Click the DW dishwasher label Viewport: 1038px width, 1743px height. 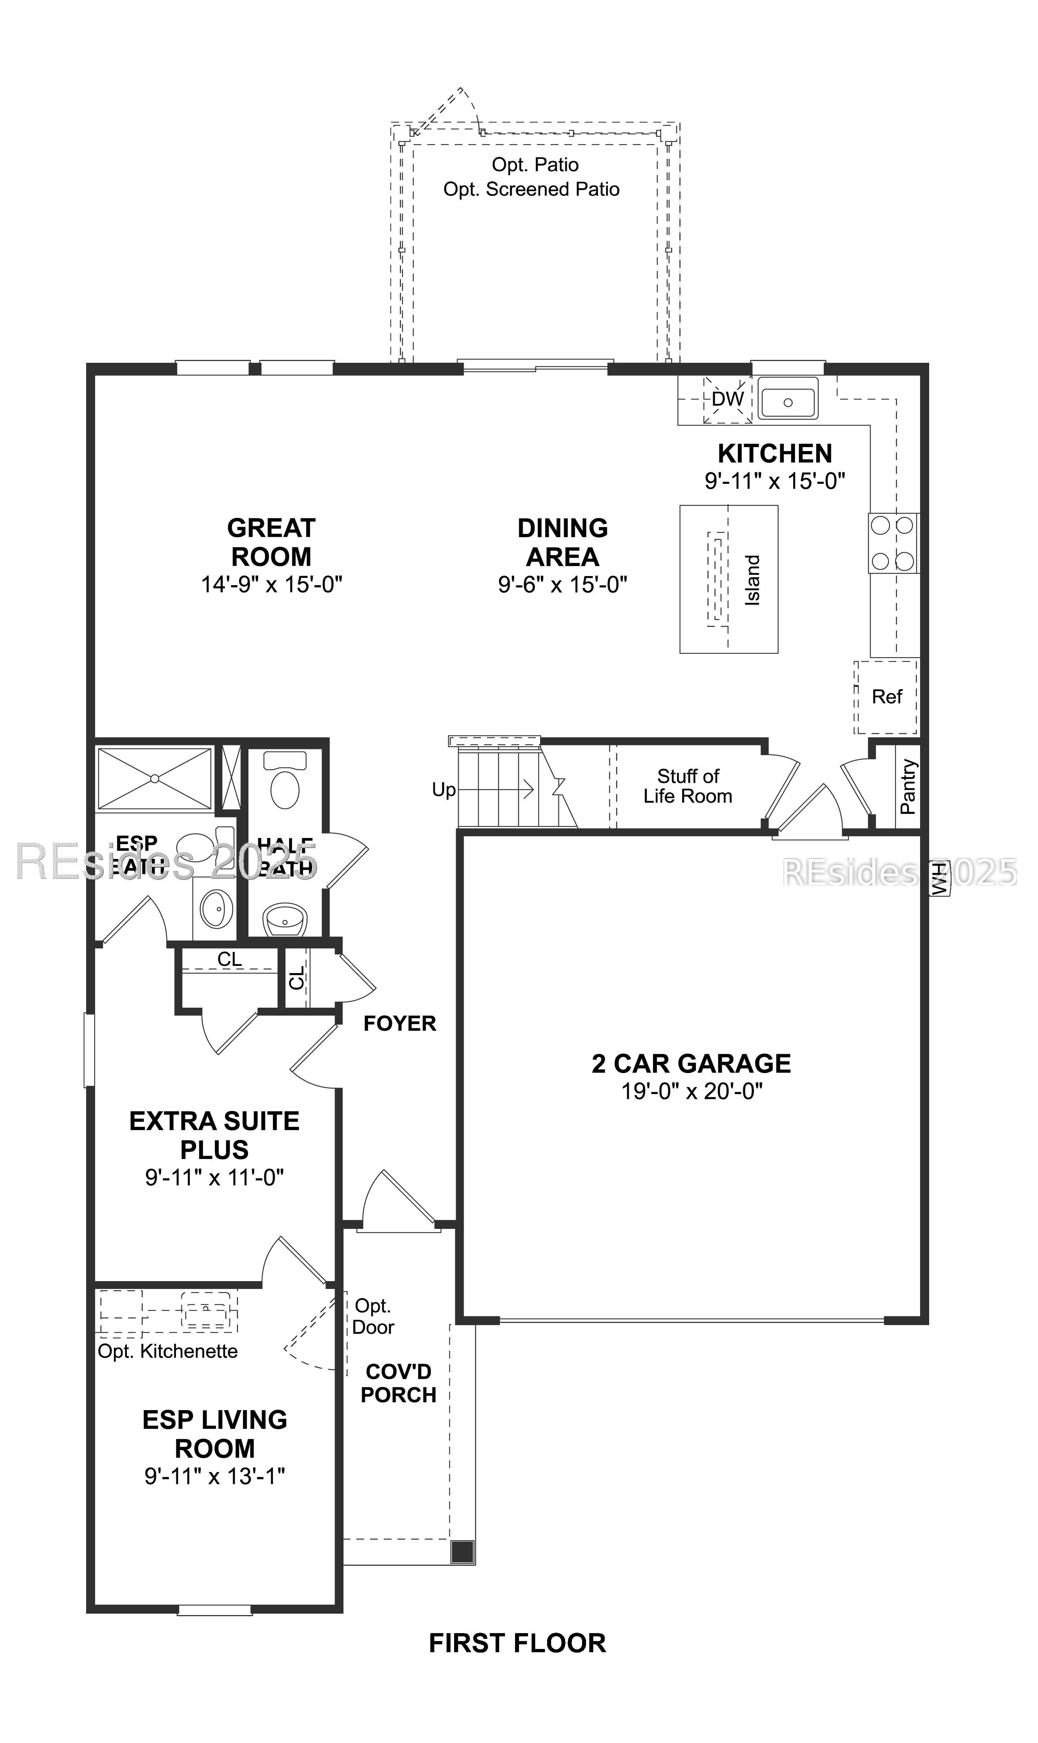click(x=727, y=399)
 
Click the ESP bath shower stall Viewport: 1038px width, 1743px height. click(x=155, y=778)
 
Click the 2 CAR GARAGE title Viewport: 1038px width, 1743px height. click(x=691, y=1064)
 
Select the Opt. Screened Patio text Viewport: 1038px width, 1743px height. click(x=532, y=190)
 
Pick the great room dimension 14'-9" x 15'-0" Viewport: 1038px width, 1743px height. click(x=271, y=584)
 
